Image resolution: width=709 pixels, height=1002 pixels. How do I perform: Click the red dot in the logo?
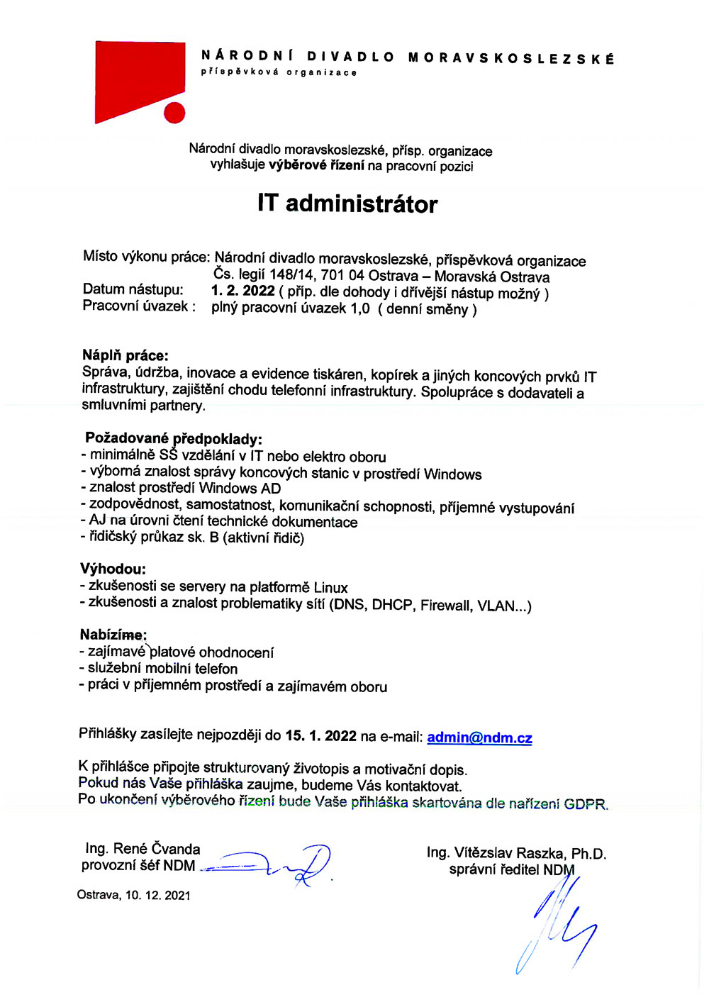point(174,112)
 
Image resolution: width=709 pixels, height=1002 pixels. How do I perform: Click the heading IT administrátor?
point(347,204)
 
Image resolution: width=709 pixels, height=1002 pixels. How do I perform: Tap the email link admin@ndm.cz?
point(479,737)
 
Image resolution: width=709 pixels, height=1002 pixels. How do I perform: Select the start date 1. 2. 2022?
point(243,291)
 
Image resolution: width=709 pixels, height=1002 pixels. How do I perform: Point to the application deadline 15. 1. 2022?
point(321,735)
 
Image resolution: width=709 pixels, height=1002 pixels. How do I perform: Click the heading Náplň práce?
point(125,355)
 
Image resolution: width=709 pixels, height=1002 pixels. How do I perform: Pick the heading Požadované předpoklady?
point(174,439)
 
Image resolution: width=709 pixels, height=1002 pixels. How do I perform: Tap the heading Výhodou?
point(113,569)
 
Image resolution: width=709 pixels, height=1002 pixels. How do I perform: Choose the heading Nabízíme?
point(113,635)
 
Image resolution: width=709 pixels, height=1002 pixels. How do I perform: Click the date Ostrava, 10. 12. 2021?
point(134,895)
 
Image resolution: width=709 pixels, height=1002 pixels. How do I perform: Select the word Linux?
point(330,588)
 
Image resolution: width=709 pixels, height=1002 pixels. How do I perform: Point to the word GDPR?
point(586,804)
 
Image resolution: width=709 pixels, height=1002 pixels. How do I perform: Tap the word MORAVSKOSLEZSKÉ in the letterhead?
point(511,58)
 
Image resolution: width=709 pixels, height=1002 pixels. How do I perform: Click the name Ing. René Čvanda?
point(143,849)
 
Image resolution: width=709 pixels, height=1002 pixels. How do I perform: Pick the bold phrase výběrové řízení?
point(317,165)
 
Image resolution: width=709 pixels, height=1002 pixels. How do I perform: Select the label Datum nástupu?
point(133,289)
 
